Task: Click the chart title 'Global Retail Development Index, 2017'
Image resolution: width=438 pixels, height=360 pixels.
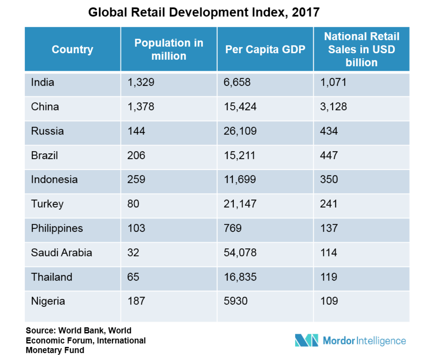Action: point(204,12)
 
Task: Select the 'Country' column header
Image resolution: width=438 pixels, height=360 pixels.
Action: point(73,49)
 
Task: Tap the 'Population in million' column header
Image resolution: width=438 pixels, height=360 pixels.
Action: point(169,49)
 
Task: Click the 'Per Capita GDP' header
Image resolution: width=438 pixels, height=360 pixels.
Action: point(265,49)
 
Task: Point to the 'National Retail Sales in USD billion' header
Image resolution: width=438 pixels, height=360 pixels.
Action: point(362,49)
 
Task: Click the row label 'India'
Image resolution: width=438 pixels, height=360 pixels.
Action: point(43,82)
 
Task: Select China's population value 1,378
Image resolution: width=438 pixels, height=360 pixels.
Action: point(141,107)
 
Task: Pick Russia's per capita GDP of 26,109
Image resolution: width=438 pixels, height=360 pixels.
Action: point(240,131)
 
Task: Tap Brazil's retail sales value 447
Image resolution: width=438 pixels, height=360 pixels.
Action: point(329,155)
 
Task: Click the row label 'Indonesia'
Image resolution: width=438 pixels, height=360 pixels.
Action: point(54,180)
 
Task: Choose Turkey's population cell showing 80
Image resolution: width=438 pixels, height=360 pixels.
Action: point(133,204)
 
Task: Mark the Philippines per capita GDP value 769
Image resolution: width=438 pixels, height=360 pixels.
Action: point(232,228)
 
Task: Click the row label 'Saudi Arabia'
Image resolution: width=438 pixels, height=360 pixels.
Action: point(61,252)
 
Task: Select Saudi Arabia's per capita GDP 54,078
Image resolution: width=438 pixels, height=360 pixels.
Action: point(240,252)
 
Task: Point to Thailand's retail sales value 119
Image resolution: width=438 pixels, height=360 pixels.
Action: point(329,277)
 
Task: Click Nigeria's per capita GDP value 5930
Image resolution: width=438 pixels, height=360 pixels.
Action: point(236,301)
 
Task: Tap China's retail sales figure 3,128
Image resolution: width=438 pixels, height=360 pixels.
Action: point(333,107)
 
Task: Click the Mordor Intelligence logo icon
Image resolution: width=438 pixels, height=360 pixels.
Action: point(306,340)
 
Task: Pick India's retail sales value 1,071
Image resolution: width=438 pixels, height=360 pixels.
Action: point(333,82)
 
